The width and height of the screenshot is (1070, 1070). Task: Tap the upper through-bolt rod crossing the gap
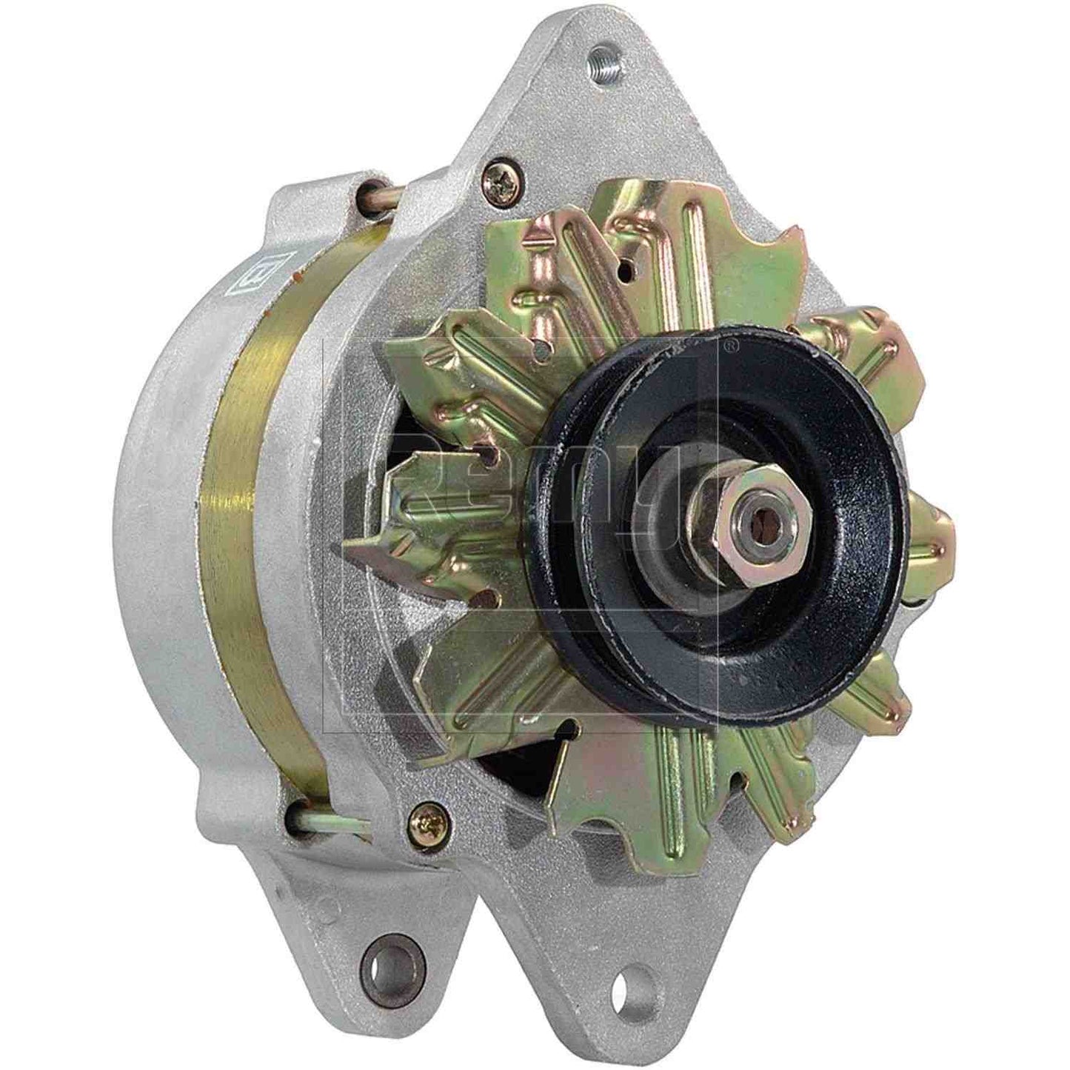pyautogui.click(x=381, y=194)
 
